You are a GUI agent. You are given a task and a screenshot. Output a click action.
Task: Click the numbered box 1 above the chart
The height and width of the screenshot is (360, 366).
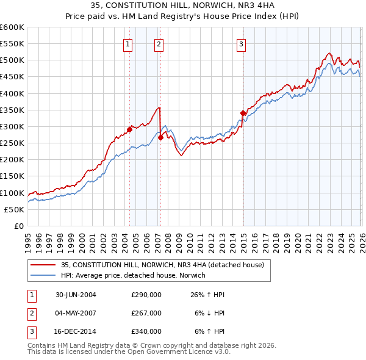128,43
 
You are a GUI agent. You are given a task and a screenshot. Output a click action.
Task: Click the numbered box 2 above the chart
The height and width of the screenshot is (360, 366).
159,43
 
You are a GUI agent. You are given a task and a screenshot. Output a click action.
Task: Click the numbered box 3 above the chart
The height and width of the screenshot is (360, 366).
242,43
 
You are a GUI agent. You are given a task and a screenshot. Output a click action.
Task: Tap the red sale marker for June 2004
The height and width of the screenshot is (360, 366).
129,129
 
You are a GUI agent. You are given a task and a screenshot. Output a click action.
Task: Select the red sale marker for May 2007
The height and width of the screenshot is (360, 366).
160,137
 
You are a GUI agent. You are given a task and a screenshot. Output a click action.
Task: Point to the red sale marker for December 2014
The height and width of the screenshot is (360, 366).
243,113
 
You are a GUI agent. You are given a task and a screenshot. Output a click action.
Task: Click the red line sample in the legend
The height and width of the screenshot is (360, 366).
43,265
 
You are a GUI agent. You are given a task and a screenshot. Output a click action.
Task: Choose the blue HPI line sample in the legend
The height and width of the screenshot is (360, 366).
43,275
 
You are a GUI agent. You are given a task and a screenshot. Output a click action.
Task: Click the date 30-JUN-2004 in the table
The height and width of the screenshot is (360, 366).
76,295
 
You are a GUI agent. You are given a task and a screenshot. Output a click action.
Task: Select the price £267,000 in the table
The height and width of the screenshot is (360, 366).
146,313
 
